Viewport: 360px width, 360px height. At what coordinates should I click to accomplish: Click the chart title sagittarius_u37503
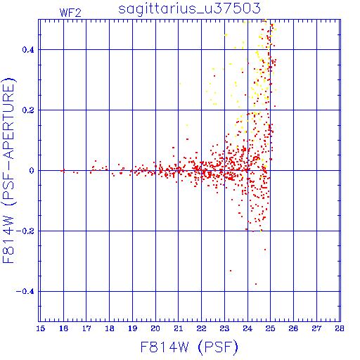[x=189, y=9]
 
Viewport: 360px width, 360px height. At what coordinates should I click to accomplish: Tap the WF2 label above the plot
[x=70, y=13]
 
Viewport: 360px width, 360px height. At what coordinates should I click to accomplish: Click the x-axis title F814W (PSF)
[x=189, y=347]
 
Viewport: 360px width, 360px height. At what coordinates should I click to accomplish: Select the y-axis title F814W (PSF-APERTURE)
[x=9, y=171]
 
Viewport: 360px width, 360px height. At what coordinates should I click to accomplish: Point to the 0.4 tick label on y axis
[x=28, y=50]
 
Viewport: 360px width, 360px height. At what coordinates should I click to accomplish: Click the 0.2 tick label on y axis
[x=28, y=110]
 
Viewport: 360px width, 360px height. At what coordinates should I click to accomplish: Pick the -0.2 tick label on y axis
[x=25, y=231]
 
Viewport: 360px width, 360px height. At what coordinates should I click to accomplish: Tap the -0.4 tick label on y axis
[x=25, y=292]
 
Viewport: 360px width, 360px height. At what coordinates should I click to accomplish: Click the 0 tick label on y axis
[x=32, y=171]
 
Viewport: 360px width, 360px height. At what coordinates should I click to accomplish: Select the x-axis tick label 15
[x=40, y=328]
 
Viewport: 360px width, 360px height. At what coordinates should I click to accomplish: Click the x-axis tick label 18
[x=110, y=328]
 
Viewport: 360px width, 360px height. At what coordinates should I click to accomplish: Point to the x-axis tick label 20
[x=155, y=328]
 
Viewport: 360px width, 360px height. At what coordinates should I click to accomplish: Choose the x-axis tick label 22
[x=201, y=328]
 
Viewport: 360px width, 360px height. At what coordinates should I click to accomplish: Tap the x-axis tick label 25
[x=270, y=328]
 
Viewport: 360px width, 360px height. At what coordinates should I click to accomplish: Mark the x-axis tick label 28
[x=340, y=328]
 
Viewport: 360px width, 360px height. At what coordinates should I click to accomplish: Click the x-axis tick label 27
[x=316, y=328]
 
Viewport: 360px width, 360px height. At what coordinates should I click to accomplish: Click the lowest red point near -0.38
[x=256, y=284]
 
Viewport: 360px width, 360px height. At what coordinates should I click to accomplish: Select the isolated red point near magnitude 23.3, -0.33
[x=231, y=271]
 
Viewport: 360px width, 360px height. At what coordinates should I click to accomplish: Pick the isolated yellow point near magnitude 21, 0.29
[x=180, y=84]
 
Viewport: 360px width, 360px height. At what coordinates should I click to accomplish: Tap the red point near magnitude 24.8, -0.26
[x=265, y=250]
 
